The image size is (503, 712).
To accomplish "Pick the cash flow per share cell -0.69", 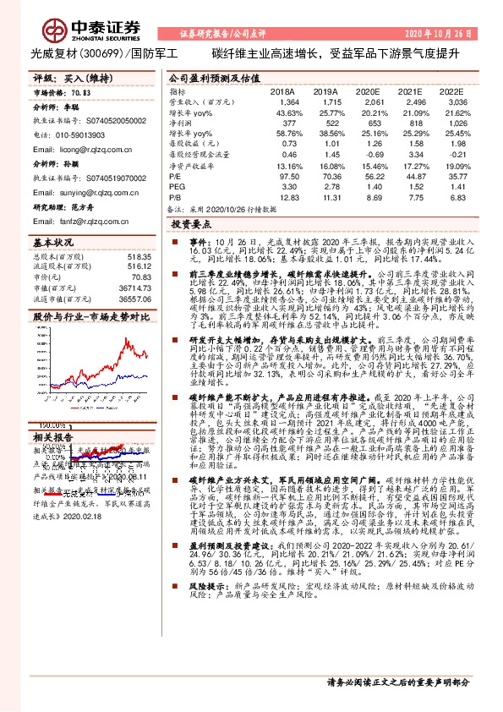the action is tap(372, 155).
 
